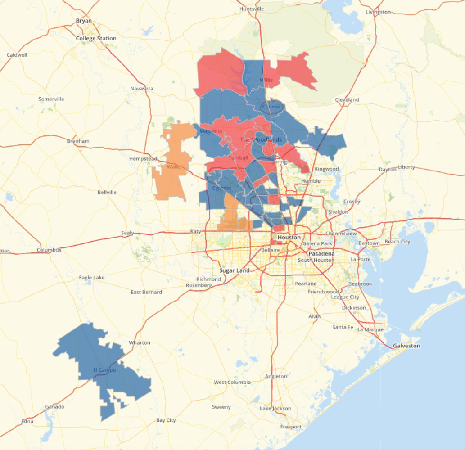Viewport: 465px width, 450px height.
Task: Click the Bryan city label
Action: (83, 21)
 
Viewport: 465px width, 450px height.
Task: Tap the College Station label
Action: (96, 38)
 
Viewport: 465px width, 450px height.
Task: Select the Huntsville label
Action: (252, 9)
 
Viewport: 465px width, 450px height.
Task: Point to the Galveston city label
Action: (406, 346)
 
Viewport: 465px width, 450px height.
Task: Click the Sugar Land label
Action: (234, 270)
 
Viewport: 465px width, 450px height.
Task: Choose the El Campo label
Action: (104, 370)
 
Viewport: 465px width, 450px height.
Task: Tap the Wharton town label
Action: (139, 342)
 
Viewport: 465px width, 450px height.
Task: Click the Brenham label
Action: (78, 141)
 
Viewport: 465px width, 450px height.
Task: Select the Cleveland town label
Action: (347, 99)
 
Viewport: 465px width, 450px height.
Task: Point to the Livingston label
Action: (378, 12)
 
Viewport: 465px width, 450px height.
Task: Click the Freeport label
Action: (291, 426)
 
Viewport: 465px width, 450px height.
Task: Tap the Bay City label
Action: (166, 420)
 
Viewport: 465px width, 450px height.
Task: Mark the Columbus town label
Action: (49, 250)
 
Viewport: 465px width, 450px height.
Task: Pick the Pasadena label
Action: (321, 254)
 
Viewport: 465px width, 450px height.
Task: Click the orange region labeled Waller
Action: (171, 180)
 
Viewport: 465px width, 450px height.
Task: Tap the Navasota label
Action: (141, 89)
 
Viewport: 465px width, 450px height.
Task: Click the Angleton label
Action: (276, 376)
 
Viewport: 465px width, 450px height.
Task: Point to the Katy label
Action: (196, 231)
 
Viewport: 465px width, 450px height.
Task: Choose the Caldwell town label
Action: (17, 54)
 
